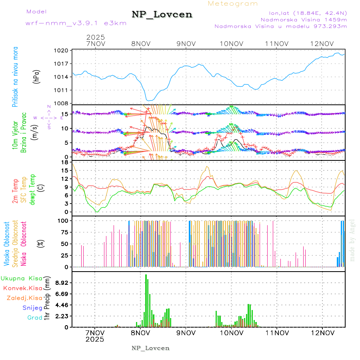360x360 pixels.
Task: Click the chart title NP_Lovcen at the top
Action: [x=162, y=14]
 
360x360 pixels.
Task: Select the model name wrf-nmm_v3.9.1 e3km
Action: [x=76, y=23]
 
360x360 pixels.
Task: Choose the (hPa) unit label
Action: [x=36, y=77]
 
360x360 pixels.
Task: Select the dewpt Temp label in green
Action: [x=32, y=190]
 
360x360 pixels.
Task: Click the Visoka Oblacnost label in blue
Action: [x=7, y=243]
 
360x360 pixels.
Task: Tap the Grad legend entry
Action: [x=34, y=318]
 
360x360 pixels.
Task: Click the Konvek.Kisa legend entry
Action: [x=22, y=288]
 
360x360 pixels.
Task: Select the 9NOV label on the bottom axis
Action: [x=185, y=333]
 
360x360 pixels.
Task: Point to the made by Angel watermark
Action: [x=352, y=240]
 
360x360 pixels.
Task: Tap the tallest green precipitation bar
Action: [x=146, y=300]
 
